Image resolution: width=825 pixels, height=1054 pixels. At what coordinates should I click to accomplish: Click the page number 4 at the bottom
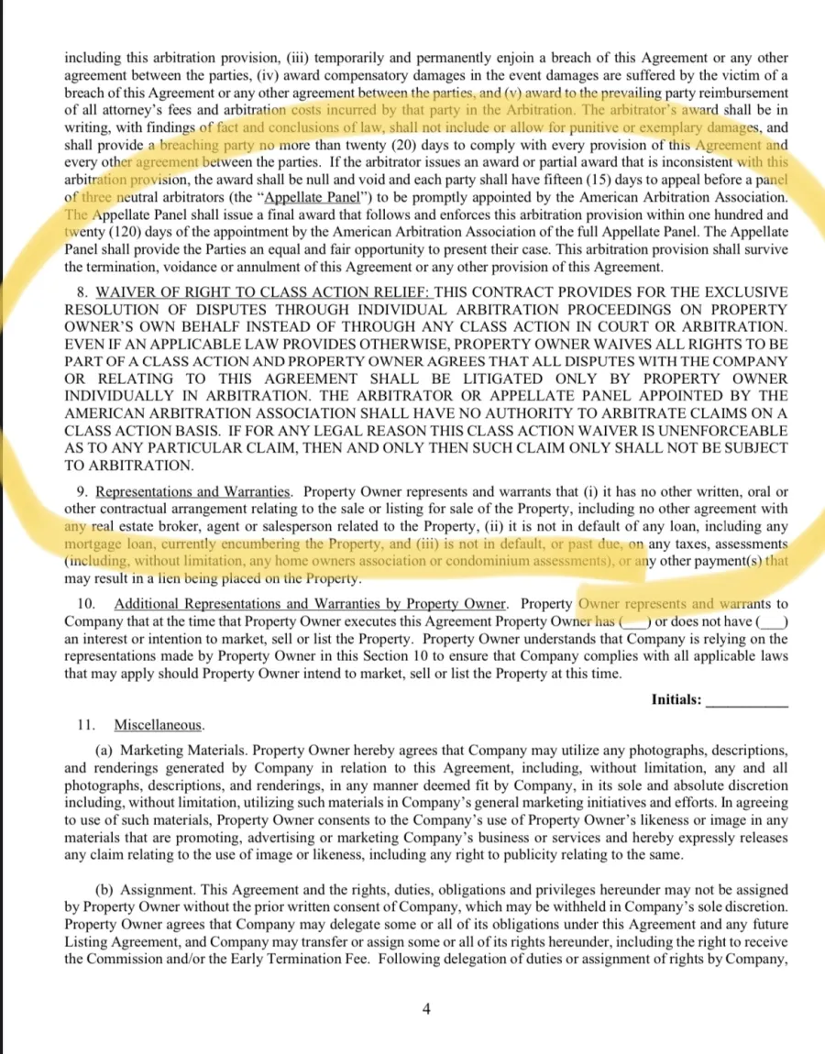425,1009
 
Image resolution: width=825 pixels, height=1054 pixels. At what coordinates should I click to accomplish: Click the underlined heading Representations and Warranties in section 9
194,491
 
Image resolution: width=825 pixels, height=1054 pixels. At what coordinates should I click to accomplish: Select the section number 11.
86,724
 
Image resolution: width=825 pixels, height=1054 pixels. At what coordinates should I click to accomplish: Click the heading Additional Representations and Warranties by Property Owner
310,603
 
